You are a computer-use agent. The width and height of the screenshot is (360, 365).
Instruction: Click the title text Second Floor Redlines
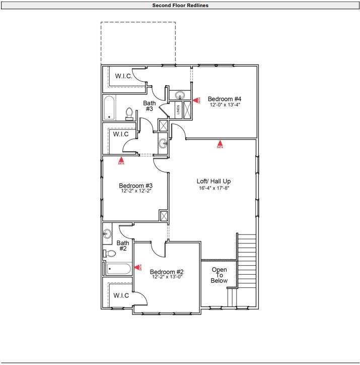click(180, 6)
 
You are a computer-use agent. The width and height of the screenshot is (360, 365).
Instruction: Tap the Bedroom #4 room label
click(225, 99)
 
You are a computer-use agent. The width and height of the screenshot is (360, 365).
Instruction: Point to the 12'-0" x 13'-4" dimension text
click(225, 105)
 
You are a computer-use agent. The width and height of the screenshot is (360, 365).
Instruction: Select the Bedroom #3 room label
click(136, 185)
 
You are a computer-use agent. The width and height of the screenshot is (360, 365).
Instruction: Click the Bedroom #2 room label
click(167, 271)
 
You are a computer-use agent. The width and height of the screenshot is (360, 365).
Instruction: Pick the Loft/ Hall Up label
click(214, 181)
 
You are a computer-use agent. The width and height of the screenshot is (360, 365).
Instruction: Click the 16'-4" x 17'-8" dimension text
click(214, 188)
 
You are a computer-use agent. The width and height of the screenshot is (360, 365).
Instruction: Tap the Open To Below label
click(219, 275)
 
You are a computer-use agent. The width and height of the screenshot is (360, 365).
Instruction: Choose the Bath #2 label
click(123, 246)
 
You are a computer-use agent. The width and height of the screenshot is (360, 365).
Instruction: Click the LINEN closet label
click(178, 109)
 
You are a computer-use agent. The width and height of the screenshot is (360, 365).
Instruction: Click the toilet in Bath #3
click(129, 114)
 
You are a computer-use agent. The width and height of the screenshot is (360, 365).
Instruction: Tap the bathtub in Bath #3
click(110, 107)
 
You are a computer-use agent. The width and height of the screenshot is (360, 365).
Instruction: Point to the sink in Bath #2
click(107, 234)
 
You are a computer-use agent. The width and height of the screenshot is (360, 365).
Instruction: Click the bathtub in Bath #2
click(119, 269)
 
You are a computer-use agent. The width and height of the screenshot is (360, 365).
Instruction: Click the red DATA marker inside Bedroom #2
click(137, 268)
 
